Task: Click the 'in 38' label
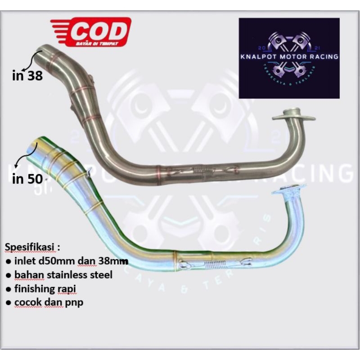[x=27, y=76]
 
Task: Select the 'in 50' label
[x=28, y=179]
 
